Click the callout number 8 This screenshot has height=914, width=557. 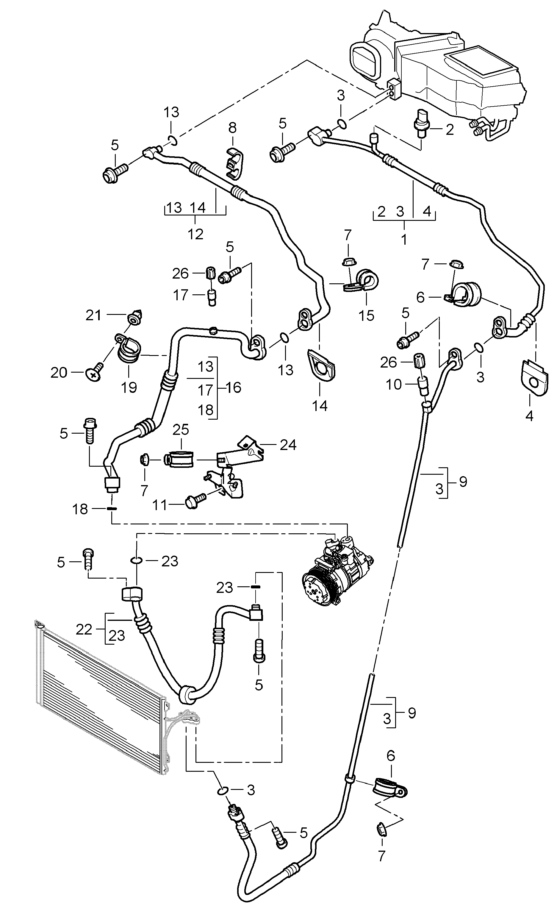coord(232,128)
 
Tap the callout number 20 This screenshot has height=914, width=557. coord(59,372)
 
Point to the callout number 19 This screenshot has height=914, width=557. coord(129,387)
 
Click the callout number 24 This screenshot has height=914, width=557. coord(288,444)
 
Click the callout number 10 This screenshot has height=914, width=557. coord(394,384)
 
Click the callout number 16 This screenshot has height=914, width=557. coord(233,387)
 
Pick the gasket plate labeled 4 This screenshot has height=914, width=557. coord(534,378)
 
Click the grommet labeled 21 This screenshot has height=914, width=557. coord(135,317)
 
